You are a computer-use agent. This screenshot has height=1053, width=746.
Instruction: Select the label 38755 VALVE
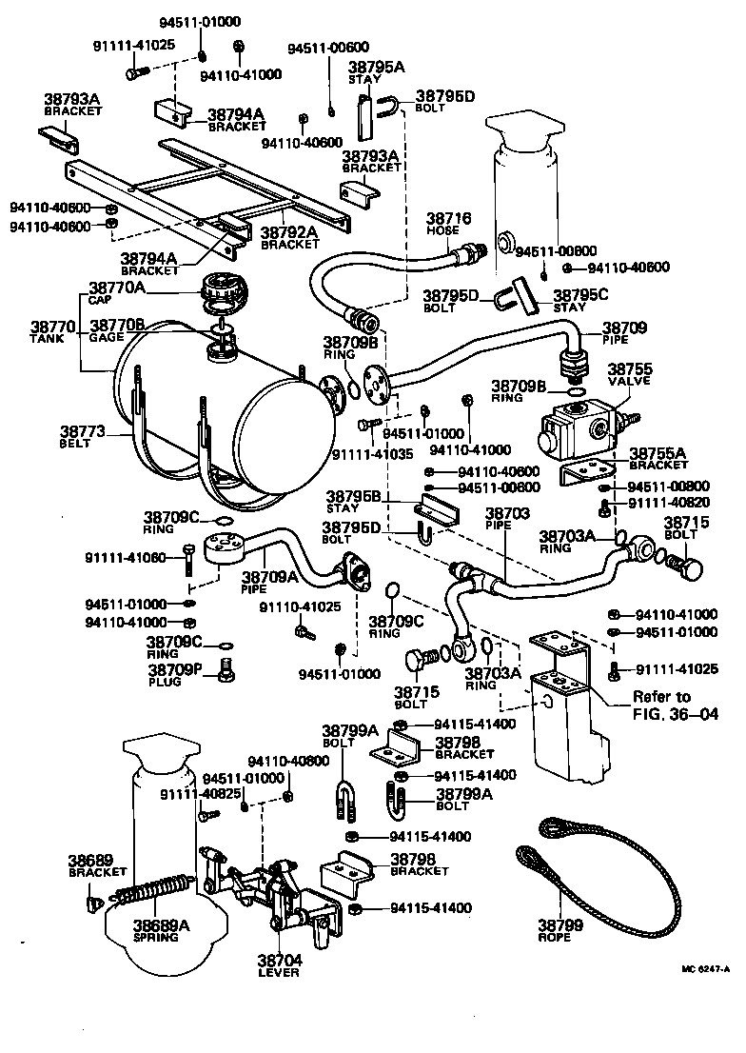point(630,373)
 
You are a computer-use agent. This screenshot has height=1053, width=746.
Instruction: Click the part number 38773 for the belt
point(83,436)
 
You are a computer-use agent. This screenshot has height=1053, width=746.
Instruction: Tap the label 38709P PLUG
point(173,675)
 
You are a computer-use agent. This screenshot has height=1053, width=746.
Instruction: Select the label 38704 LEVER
point(279,965)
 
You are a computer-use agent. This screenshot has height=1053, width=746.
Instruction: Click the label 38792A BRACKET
point(290,237)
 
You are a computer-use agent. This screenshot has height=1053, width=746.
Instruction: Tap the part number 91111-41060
point(125,557)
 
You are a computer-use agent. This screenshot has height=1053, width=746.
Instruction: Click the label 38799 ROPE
point(554,930)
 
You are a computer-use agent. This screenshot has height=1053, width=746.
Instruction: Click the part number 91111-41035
point(372,455)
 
